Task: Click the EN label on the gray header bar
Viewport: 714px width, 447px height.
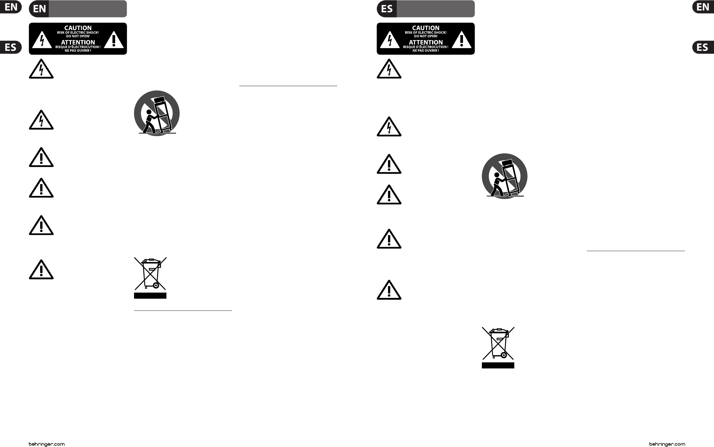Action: click(x=39, y=9)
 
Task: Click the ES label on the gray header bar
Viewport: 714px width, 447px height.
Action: click(x=387, y=9)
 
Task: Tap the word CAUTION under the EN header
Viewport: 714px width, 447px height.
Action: click(x=78, y=28)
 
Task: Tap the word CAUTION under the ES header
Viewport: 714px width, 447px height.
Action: click(x=426, y=28)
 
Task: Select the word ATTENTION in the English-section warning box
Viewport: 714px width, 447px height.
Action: click(x=78, y=42)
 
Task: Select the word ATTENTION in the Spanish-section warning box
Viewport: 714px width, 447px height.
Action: click(x=426, y=42)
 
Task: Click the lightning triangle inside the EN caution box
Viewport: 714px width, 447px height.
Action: click(x=42, y=40)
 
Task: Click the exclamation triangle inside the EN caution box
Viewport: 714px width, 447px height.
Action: click(x=114, y=40)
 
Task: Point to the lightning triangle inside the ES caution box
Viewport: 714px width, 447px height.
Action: click(x=390, y=40)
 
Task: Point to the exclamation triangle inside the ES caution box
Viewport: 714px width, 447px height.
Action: click(x=462, y=40)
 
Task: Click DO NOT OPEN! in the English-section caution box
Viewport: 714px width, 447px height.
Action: click(x=78, y=36)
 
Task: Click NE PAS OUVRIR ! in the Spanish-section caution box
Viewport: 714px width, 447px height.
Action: click(x=426, y=50)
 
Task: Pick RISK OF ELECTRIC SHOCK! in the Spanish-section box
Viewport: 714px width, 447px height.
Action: click(x=426, y=32)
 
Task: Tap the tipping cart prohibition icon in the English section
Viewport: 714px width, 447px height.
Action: click(x=157, y=113)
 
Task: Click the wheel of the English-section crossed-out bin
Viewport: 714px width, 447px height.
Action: click(x=156, y=285)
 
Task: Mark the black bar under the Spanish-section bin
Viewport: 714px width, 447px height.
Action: click(x=498, y=365)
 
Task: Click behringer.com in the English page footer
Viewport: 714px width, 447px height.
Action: click(x=47, y=444)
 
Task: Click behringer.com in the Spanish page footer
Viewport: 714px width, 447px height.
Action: click(x=667, y=444)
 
